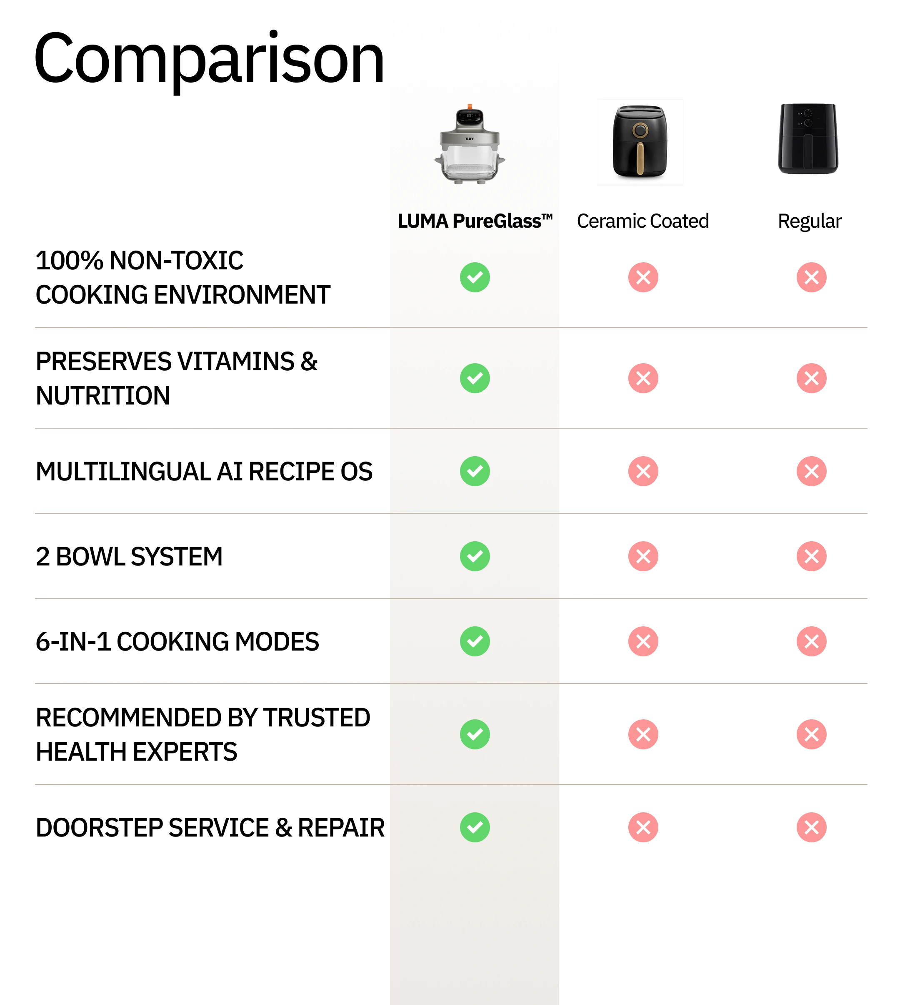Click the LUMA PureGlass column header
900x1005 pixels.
[475, 221]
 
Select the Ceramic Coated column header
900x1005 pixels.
[643, 221]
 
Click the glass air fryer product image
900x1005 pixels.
[470, 144]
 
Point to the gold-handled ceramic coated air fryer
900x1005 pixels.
[640, 142]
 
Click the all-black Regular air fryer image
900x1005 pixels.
[808, 138]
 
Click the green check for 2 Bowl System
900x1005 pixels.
[475, 556]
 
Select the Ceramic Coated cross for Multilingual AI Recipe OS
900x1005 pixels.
[643, 471]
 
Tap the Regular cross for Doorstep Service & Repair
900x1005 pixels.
[812, 827]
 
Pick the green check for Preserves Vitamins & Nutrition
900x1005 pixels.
[475, 378]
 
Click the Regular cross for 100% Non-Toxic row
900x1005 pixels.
[812, 277]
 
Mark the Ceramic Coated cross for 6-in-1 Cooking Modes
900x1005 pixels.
[643, 641]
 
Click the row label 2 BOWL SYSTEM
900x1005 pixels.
[129, 557]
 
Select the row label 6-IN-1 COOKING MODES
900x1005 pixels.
[177, 642]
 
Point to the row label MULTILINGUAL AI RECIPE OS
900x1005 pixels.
[204, 472]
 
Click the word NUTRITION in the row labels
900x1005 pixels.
[103, 396]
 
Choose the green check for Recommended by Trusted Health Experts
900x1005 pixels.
[475, 734]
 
